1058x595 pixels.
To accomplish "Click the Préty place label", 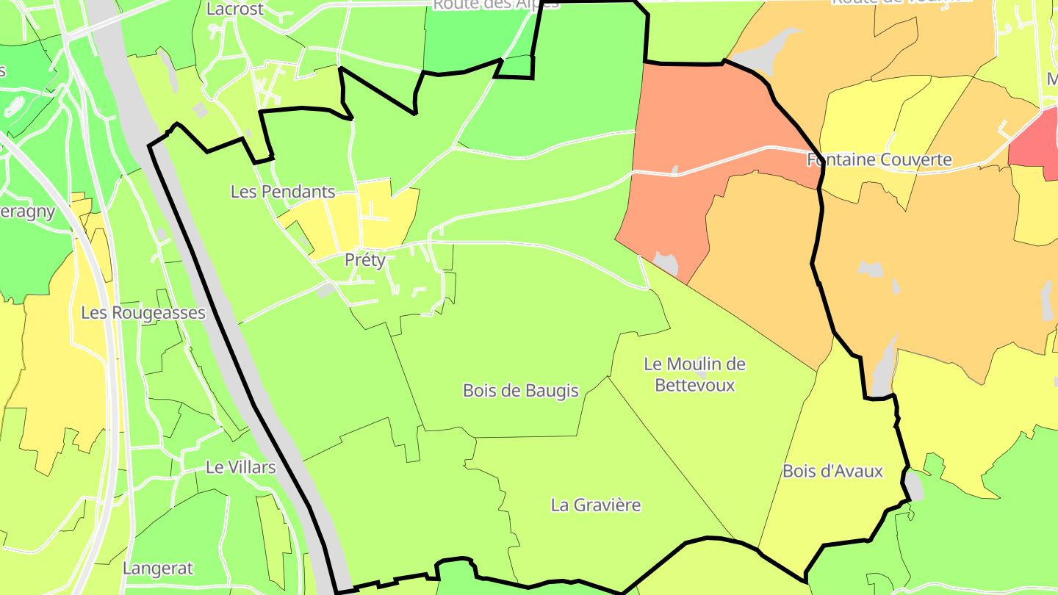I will coord(365,260).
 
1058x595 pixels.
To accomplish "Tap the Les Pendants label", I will coord(283,192).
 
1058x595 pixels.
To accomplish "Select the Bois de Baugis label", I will coord(521,391).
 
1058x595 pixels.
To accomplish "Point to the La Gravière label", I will coord(596,505).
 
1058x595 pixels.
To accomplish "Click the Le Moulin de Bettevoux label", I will coord(694,374).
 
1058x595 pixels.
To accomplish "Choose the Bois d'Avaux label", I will coord(832,471).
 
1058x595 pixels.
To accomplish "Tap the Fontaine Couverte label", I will coord(879,159).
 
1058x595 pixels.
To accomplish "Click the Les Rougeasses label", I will coord(143,312).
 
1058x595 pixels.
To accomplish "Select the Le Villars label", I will coord(240,466).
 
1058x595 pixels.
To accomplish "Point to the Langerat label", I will coord(158,568).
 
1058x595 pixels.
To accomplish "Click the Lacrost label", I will coord(235,9).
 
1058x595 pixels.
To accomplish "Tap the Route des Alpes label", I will coord(496,4).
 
